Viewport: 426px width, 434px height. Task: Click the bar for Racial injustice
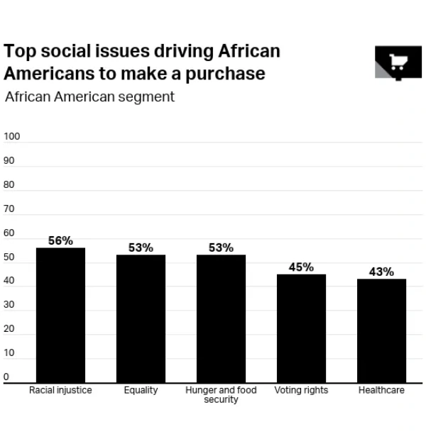pyautogui.click(x=60, y=315)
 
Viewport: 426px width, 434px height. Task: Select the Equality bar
pyautogui.click(x=141, y=318)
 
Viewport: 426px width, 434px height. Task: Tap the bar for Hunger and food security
pyautogui.click(x=221, y=318)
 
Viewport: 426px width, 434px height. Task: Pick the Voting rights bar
pyautogui.click(x=301, y=328)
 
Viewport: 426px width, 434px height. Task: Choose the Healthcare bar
pyautogui.click(x=381, y=330)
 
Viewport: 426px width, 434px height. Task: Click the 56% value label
pyautogui.click(x=60, y=240)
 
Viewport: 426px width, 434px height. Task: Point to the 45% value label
pyautogui.click(x=301, y=267)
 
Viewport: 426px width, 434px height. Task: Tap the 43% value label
pyautogui.click(x=381, y=272)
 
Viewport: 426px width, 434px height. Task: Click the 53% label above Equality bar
pyautogui.click(x=141, y=247)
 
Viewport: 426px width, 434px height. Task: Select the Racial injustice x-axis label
pyautogui.click(x=60, y=390)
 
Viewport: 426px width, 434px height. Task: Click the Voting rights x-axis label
pyautogui.click(x=301, y=390)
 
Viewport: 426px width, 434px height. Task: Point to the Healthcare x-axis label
pyautogui.click(x=381, y=390)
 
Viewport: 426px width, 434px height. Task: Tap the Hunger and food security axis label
pyautogui.click(x=221, y=394)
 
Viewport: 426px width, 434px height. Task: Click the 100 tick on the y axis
pyautogui.click(x=13, y=136)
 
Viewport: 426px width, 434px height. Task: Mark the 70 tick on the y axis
pyautogui.click(x=9, y=209)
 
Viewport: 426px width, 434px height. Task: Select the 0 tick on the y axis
pyautogui.click(x=6, y=377)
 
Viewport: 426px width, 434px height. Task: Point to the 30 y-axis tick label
pyautogui.click(x=9, y=305)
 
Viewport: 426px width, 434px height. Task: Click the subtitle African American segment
pyautogui.click(x=89, y=96)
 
